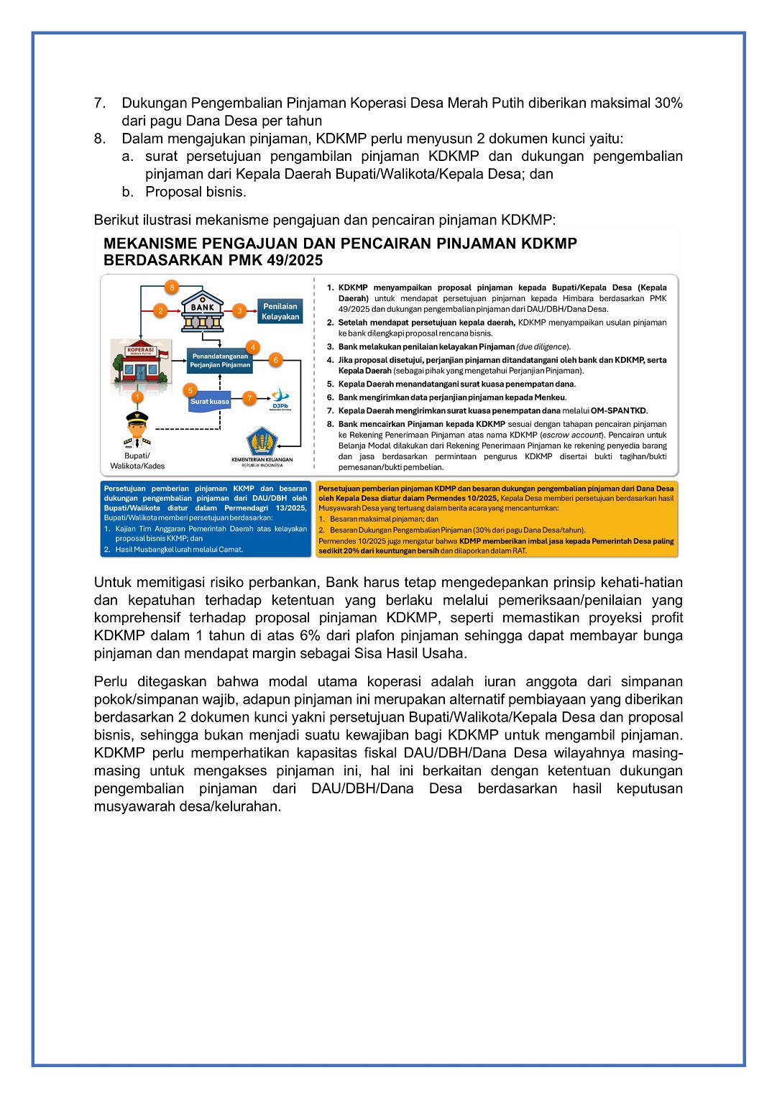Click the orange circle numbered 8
172,287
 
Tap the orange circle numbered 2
160,310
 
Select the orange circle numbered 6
275,359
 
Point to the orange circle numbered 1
137,397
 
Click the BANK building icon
203,311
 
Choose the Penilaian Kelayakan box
280,311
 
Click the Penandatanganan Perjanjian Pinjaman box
220,360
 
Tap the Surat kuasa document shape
210,402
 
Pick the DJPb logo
280,398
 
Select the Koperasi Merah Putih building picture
142,363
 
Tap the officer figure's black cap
137,416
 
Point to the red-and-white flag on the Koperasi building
163,354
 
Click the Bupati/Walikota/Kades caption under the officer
137,461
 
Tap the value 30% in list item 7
668,103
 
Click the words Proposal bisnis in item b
196,192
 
